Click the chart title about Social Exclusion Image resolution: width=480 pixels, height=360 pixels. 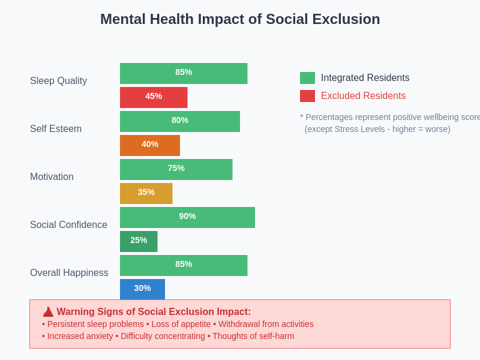tap(240, 19)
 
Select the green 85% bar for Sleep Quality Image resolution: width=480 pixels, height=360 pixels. tap(184, 73)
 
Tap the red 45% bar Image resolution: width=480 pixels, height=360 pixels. tap(154, 97)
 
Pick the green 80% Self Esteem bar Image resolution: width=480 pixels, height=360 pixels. tap(180, 121)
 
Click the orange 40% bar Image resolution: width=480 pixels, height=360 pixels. tap(150, 145)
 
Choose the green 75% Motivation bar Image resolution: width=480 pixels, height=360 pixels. tap(176, 169)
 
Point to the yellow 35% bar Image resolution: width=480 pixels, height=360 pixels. tap(146, 193)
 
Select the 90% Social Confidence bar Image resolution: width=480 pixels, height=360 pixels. tap(187, 217)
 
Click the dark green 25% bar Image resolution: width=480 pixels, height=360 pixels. tap(139, 241)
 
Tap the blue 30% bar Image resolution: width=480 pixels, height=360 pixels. tap(142, 289)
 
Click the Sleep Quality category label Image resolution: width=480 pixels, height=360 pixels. tap(58, 81)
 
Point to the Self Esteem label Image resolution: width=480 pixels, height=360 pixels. tap(56, 129)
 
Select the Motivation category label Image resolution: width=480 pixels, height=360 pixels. tap(52, 177)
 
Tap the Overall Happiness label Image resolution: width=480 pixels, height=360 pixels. tap(69, 273)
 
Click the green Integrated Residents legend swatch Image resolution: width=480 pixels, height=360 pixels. tap(307, 78)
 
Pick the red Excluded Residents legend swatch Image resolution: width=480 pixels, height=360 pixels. tap(307, 96)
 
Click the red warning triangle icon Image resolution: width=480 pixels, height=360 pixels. tap(48, 312)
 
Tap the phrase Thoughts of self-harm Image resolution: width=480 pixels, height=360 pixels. tap(253, 336)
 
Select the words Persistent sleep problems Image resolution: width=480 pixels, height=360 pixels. tap(95, 324)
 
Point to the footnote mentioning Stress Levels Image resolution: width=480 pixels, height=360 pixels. tap(377, 129)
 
